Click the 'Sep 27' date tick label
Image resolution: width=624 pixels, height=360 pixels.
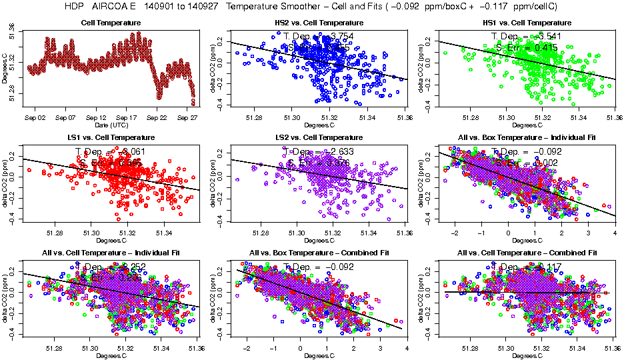click(x=187, y=117)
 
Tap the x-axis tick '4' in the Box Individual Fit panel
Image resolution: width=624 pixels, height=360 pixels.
click(x=614, y=233)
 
